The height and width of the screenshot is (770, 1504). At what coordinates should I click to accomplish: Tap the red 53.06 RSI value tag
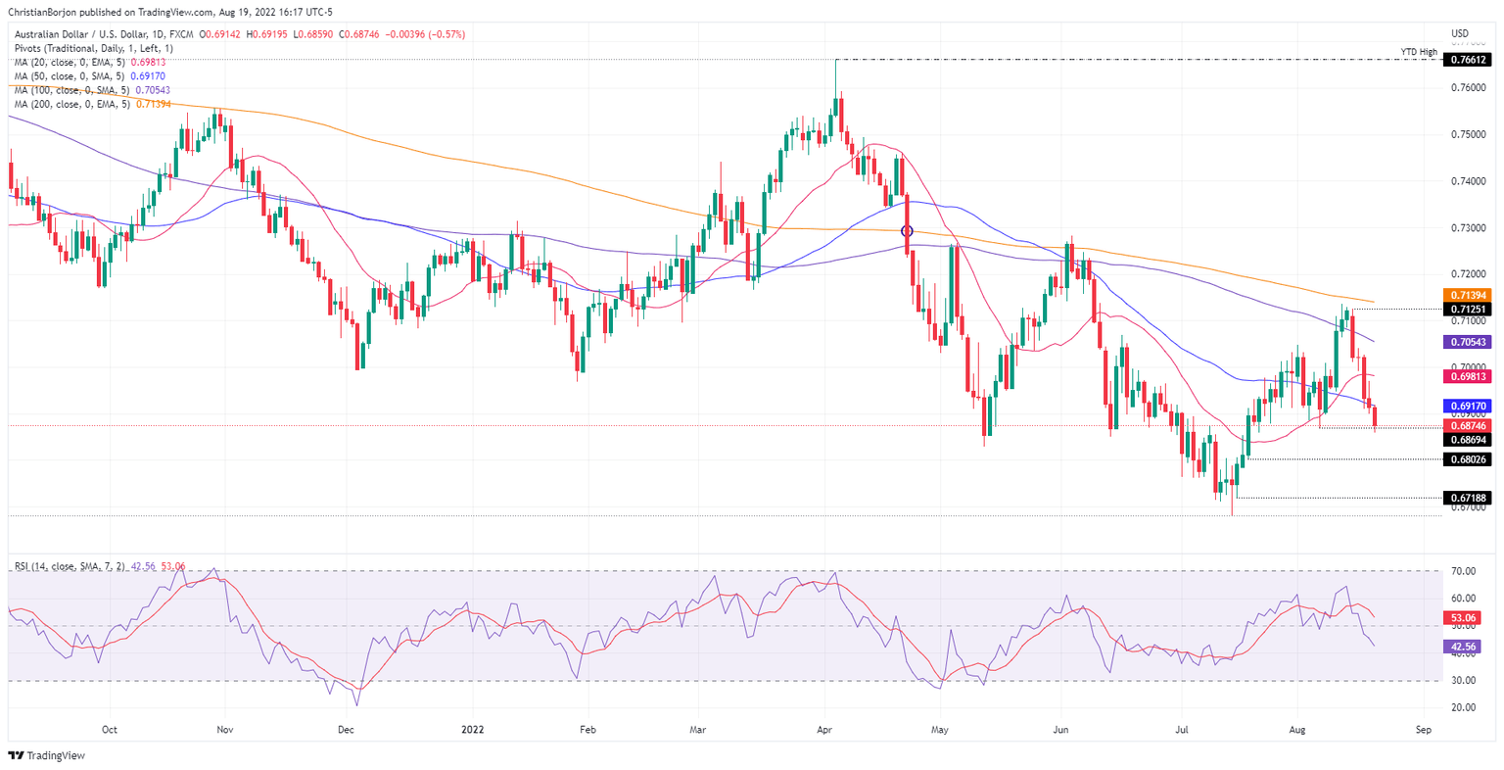[1466, 618]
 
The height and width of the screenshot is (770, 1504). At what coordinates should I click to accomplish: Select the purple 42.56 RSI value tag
[1466, 647]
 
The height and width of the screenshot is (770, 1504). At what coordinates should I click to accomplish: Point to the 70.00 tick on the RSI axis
[1464, 571]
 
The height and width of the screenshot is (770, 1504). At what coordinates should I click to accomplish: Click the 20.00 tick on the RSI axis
[1464, 707]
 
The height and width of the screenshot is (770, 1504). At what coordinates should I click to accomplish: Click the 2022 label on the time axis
[472, 730]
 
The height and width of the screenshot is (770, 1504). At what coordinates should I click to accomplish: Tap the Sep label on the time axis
[1424, 730]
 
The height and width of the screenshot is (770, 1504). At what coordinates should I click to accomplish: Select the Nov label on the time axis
[225, 730]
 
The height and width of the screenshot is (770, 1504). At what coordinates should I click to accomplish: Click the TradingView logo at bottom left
[46, 755]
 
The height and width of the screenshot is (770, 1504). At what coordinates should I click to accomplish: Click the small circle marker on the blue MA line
[907, 231]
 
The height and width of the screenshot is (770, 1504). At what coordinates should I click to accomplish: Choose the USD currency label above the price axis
[1459, 34]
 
